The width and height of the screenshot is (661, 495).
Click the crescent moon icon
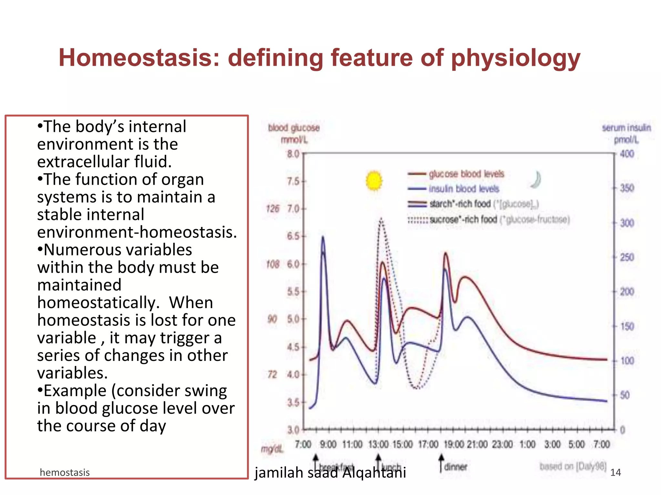click(536, 180)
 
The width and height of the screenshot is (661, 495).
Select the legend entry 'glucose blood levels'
click(466, 174)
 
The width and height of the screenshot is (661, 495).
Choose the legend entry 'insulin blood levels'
click(464, 189)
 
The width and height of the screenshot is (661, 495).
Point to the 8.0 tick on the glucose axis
click(293, 154)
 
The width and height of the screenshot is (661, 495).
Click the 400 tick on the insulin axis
click(627, 154)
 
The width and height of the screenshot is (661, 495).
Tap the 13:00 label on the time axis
click(378, 444)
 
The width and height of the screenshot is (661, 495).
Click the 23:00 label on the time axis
click(502, 444)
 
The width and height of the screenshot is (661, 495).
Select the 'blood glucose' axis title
click(294, 128)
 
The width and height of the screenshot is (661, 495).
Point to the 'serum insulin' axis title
click(626, 128)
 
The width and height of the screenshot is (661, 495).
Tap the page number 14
click(615, 472)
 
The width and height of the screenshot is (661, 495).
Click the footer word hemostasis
click(65, 472)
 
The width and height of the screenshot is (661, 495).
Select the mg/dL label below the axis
click(272, 449)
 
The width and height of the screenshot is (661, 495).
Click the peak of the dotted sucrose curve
click(381, 219)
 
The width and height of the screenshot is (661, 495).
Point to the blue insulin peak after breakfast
click(323, 238)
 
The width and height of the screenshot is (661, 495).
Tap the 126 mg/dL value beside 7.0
click(272, 209)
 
